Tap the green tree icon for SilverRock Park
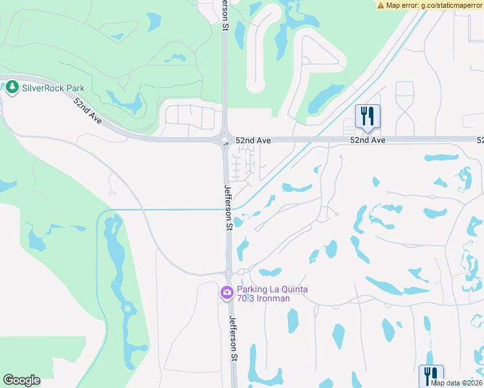pos(12,87)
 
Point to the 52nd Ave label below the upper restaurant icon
pos(368,140)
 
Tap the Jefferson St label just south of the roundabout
pos(228,207)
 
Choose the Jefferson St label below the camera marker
pos(233,338)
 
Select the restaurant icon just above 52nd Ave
pos(367,116)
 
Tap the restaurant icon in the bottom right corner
pos(430,375)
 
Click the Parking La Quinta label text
pos(272,289)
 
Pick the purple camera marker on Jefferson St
pos(226,294)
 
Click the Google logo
pos(21,380)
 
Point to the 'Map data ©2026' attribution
pos(456,383)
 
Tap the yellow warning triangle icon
pos(380,5)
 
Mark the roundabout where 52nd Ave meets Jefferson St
pos(225,140)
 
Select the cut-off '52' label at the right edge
pos(480,140)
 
